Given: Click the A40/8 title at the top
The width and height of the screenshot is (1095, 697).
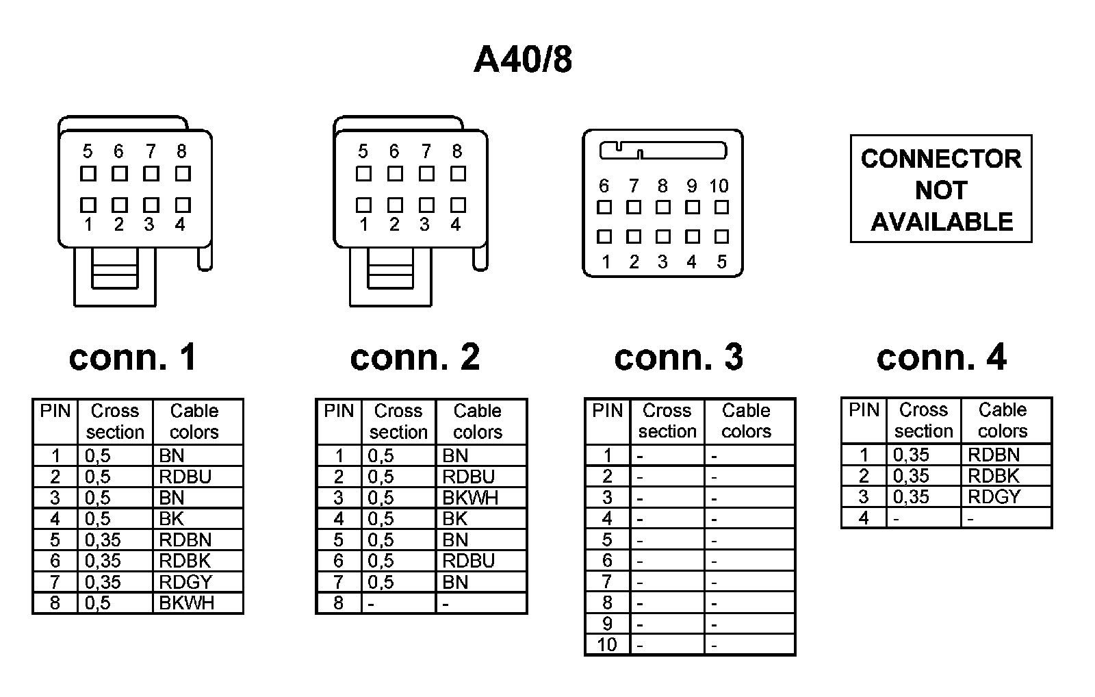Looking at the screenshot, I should coord(523,60).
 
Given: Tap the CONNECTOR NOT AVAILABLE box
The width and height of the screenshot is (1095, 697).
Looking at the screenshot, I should coord(940,189).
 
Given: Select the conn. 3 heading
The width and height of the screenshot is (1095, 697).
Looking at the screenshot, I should coord(678,357).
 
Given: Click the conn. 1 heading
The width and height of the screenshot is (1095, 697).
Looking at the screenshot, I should coord(133,357).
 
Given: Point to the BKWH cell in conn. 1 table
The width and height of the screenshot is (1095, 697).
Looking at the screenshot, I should coord(186,603).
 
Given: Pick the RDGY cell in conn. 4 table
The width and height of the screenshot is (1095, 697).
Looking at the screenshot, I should coord(994,497).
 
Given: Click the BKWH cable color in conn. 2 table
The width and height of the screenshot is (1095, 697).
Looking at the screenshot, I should coord(470,498).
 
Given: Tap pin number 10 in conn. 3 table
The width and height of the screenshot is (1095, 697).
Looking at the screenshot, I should coord(607,645).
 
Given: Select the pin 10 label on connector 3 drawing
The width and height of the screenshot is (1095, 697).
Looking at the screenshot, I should coord(719,186).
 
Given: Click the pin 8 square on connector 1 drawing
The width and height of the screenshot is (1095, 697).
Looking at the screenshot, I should coord(183,174).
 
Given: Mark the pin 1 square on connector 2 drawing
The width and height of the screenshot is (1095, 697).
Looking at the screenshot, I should coord(363,205).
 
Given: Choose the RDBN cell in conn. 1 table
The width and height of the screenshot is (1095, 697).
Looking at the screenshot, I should coord(185,540).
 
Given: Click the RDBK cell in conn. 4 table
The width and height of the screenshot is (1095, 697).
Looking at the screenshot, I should coord(994,476).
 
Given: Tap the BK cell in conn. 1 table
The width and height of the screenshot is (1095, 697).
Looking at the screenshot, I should coord(171,519).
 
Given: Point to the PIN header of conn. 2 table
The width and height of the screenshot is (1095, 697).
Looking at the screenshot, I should coord(339,411).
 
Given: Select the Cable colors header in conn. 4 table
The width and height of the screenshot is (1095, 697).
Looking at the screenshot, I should coord(1003,420).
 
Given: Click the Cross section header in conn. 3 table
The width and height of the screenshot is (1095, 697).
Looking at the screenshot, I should coord(667,421).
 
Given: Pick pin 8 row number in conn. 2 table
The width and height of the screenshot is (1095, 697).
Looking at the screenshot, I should coord(339,603).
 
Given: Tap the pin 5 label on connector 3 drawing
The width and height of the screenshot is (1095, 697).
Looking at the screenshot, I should coord(721,262).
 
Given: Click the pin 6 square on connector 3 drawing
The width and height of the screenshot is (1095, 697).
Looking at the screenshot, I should coord(604,207).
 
